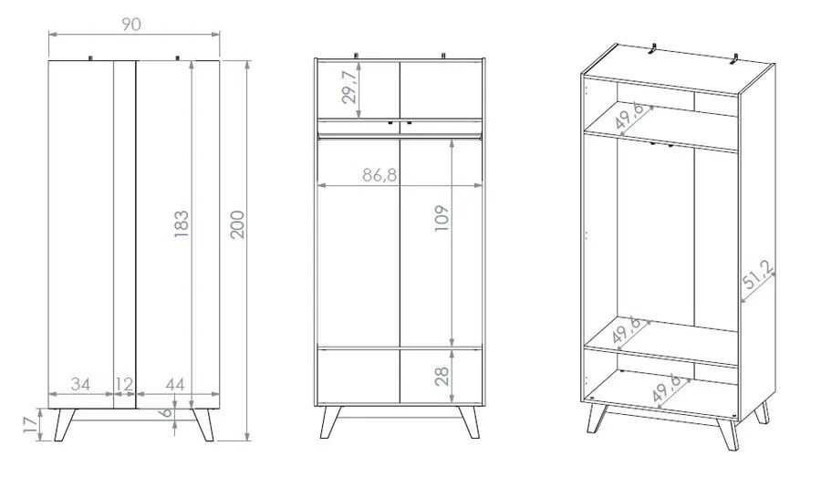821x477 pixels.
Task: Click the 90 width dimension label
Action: (x=131, y=25)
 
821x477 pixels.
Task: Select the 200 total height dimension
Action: (x=238, y=224)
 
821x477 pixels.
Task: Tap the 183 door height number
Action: (x=182, y=224)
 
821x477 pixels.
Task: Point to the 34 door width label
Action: (x=80, y=384)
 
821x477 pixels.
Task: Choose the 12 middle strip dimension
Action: (x=124, y=384)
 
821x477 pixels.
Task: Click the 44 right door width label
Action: (x=175, y=384)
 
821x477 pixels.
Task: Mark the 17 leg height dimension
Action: (x=31, y=425)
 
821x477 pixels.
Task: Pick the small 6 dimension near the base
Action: (x=165, y=412)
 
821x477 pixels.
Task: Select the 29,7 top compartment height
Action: (x=349, y=87)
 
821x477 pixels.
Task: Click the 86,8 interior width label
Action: (x=379, y=175)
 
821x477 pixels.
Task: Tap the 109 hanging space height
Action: (x=442, y=218)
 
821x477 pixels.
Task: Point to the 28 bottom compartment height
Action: (x=442, y=377)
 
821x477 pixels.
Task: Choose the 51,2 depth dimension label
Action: (x=758, y=275)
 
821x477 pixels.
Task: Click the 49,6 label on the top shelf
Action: (x=629, y=115)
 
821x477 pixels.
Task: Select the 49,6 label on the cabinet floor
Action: (x=666, y=388)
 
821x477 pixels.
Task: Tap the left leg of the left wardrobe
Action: (x=65, y=425)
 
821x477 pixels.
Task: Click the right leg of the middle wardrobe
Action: (x=469, y=422)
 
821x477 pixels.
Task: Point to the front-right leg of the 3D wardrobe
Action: (x=729, y=434)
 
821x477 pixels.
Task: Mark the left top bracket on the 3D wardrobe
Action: (x=654, y=48)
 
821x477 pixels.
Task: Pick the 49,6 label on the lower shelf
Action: (x=626, y=330)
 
